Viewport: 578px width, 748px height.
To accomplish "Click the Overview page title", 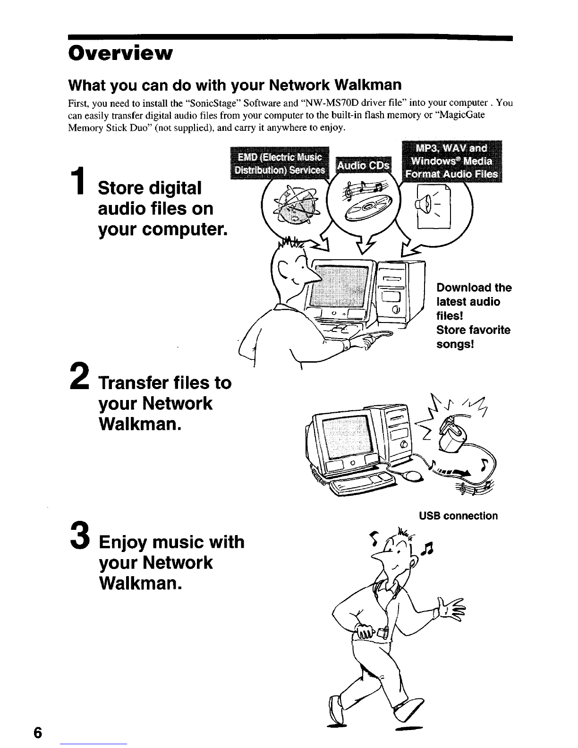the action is [x=120, y=53].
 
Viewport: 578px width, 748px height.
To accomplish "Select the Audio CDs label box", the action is [x=363, y=166].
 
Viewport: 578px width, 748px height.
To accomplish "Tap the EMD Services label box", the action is [x=280, y=163].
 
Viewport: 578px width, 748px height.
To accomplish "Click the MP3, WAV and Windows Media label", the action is [x=451, y=161].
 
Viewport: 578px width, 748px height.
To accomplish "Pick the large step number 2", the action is [x=79, y=376].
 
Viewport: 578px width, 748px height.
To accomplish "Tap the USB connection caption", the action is [x=458, y=516].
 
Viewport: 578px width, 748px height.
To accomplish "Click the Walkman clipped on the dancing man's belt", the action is [x=382, y=632].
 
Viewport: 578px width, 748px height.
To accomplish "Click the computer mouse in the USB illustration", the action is [x=413, y=476].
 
